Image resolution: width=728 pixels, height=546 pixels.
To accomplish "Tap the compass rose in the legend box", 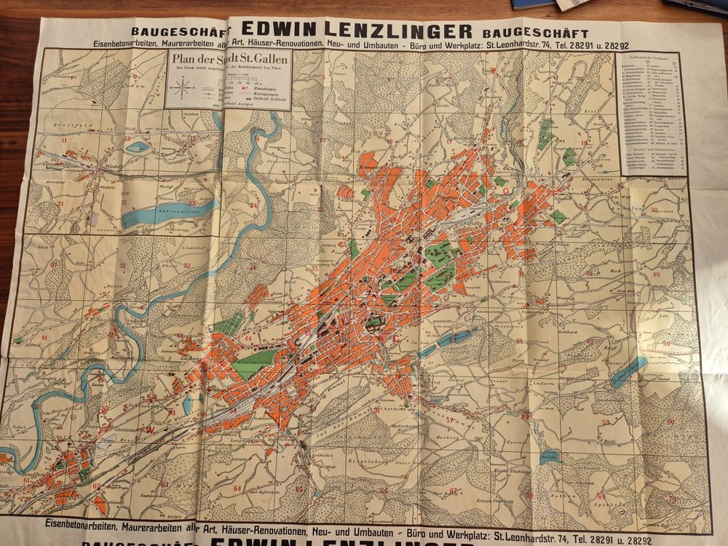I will [183, 90].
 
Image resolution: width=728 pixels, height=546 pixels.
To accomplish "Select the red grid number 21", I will [61, 203].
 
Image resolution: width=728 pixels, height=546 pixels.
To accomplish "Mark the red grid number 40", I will [657, 274].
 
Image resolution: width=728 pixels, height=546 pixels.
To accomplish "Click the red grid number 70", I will [671, 499].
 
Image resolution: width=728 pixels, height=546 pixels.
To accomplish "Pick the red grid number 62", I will [96, 486].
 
